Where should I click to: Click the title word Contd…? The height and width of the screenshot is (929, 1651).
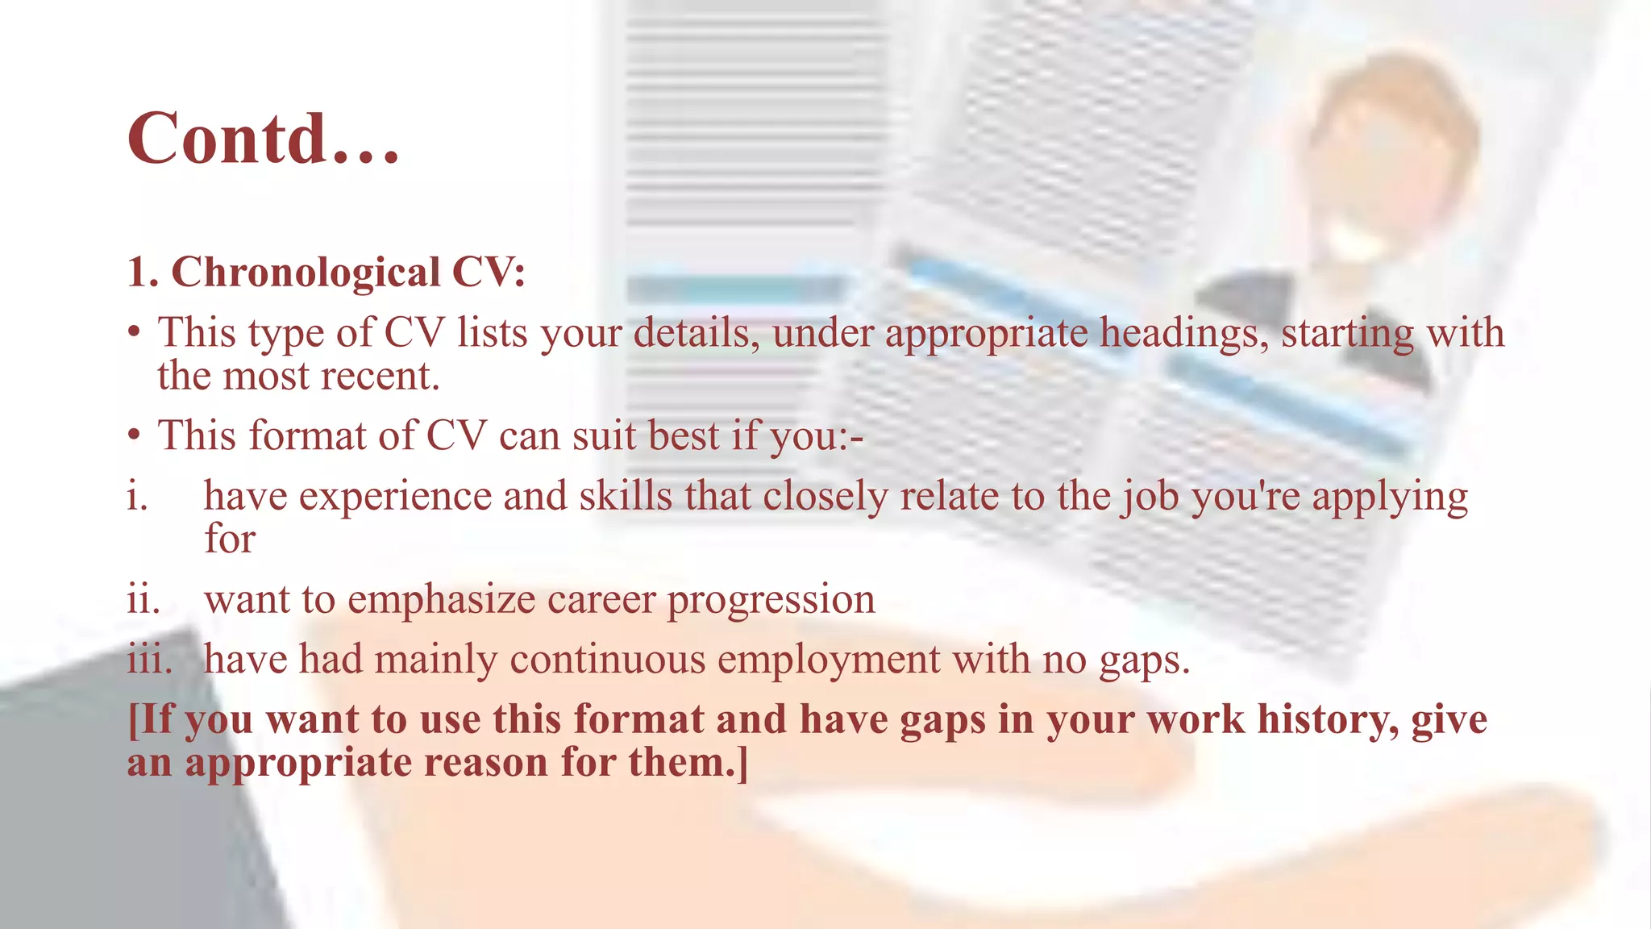(x=263, y=139)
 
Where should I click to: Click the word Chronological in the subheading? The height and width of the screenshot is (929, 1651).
(x=306, y=272)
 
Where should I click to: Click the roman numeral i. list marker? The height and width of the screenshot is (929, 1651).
(x=137, y=495)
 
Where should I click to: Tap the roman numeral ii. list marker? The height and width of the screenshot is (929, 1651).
(x=143, y=599)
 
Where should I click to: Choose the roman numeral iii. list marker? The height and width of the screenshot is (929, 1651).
(x=149, y=659)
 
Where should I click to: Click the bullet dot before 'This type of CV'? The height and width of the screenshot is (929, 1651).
(x=135, y=332)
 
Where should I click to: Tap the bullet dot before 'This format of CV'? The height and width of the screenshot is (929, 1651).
(x=135, y=435)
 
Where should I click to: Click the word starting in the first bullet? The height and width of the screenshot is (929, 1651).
(x=1347, y=334)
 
